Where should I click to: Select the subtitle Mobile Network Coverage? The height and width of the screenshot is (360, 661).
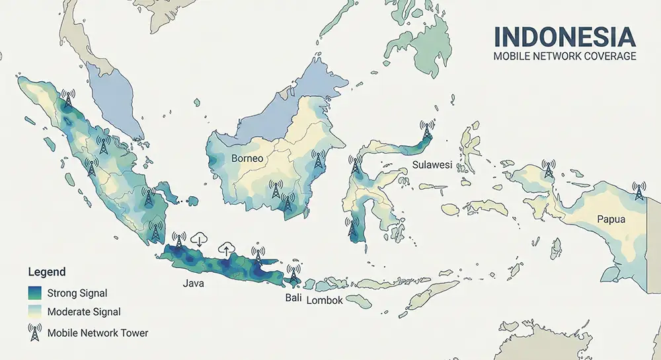point(564,57)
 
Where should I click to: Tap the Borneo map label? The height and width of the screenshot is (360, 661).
point(247,159)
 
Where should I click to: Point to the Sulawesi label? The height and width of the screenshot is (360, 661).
point(432,164)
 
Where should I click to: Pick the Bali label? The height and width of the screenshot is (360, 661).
point(293,299)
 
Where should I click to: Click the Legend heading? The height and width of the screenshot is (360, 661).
point(46,272)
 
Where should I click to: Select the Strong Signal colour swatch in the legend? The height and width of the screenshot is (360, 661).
point(35,293)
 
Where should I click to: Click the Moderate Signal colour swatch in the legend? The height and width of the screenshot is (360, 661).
point(35,312)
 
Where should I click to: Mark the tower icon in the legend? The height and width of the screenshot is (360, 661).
point(35,332)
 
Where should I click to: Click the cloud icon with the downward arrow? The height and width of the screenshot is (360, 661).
point(199,239)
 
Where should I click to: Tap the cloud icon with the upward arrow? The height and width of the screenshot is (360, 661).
point(226,248)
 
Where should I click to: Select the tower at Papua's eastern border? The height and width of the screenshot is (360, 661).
point(638,190)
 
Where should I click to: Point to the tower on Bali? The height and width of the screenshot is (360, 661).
point(293,272)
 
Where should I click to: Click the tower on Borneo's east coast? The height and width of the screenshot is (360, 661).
point(318,159)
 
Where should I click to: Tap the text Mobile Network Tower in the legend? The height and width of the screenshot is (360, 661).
point(98,332)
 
